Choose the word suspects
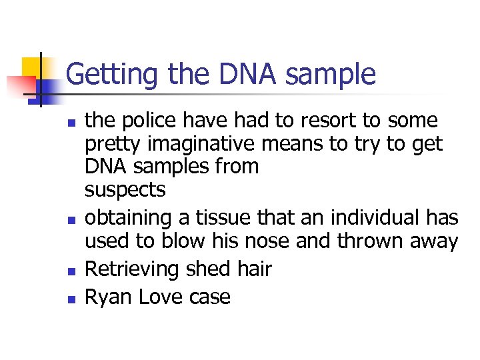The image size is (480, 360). [x=125, y=190]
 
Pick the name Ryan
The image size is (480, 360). [x=109, y=296]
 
